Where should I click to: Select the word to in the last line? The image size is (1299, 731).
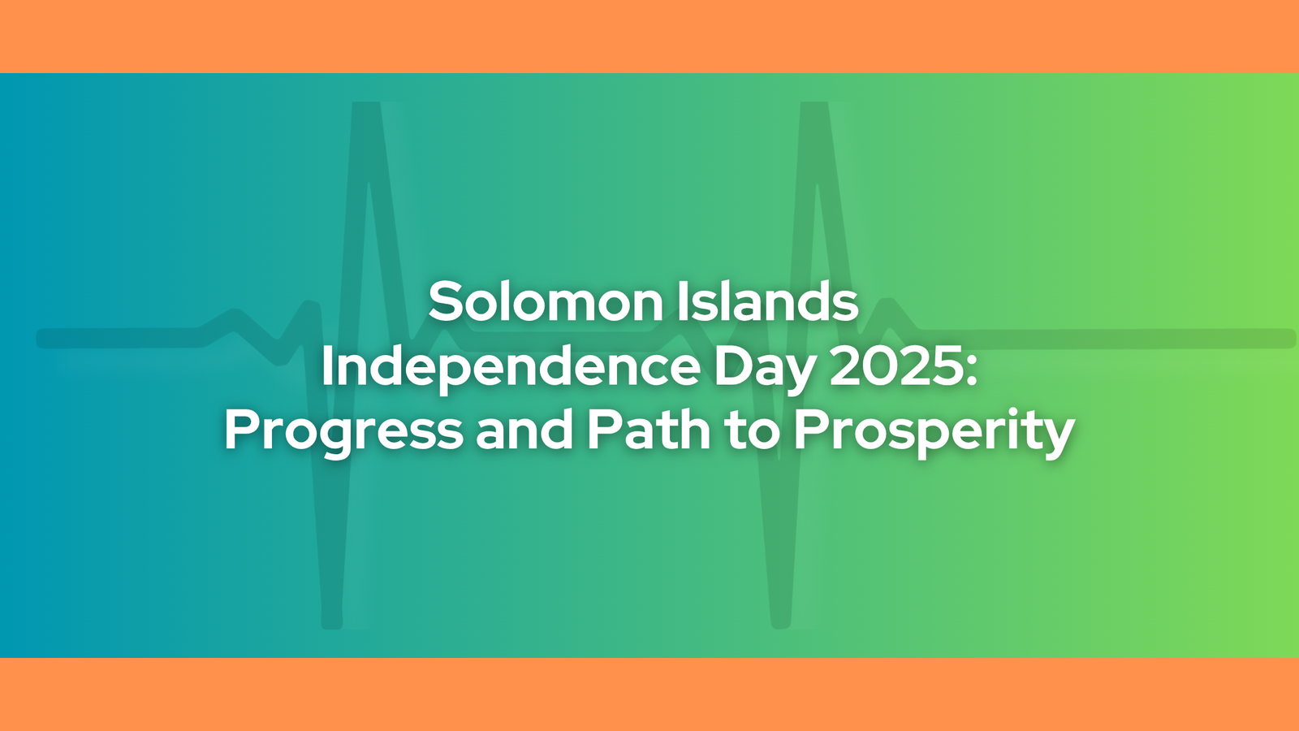[x=752, y=432]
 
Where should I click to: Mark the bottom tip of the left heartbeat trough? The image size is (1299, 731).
[x=332, y=625]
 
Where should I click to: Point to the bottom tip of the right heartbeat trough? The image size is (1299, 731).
[x=780, y=625]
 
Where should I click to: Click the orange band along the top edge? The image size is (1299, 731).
[x=649, y=36]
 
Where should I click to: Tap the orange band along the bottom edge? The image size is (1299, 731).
[x=649, y=694]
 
